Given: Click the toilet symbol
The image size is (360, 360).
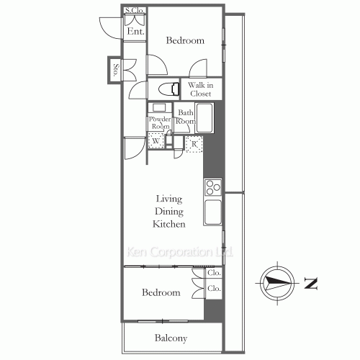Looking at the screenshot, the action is point(169,89).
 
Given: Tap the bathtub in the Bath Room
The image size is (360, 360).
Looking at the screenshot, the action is point(204,118).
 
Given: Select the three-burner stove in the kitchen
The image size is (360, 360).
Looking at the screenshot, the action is point(213,187).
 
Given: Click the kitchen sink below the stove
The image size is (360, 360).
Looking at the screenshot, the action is point(213,212).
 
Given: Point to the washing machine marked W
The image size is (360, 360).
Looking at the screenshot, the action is point(156,141).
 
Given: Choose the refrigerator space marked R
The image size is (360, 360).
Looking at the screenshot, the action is point(194,144).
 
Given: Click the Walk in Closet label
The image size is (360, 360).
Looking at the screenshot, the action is point(200,89).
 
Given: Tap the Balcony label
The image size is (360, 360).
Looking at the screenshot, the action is point(171,338).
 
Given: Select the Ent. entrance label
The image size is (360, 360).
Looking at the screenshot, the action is point(135,31).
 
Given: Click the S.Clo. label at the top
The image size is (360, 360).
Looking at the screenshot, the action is point(135,10).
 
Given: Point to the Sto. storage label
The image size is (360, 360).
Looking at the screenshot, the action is point(116,70).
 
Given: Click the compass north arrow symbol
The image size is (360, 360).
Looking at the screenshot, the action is point(277,283).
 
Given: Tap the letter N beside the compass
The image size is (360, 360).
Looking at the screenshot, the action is point(311,283).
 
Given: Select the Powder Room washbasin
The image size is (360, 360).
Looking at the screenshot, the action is point(159,107).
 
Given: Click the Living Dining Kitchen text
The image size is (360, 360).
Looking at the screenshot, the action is point(169,212).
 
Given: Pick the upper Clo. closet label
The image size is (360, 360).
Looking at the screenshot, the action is point(214,273).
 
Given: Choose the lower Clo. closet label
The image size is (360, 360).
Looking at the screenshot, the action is point(214,288).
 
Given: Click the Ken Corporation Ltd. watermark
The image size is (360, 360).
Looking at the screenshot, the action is point(179,252).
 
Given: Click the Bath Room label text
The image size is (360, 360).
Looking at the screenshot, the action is point(186,117).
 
